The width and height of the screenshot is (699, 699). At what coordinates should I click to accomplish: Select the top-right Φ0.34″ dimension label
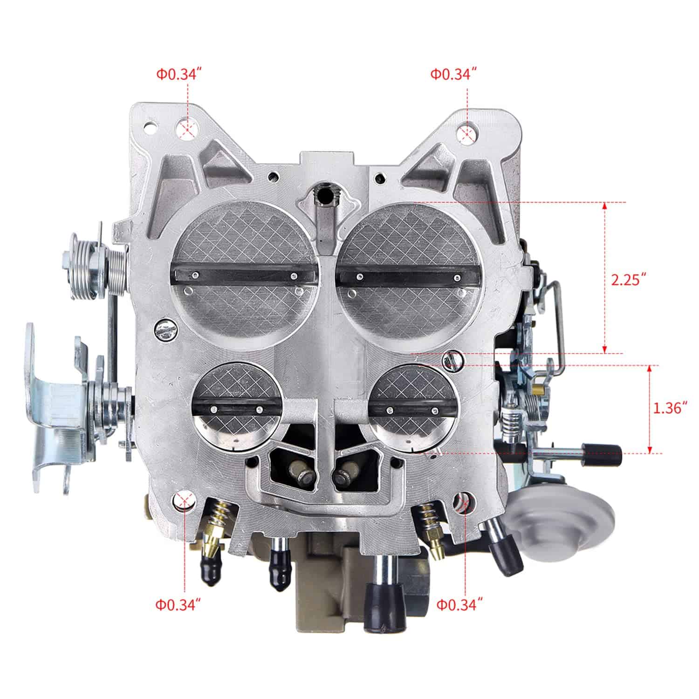453,75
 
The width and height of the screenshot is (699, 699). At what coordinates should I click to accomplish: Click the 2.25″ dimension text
629,281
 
